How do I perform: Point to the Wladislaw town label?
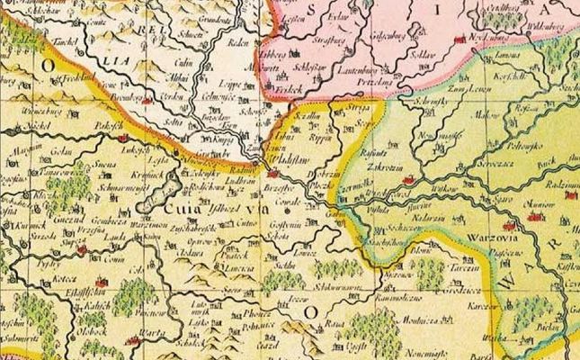pos(287,163)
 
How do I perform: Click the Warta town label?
pos(162,340)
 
